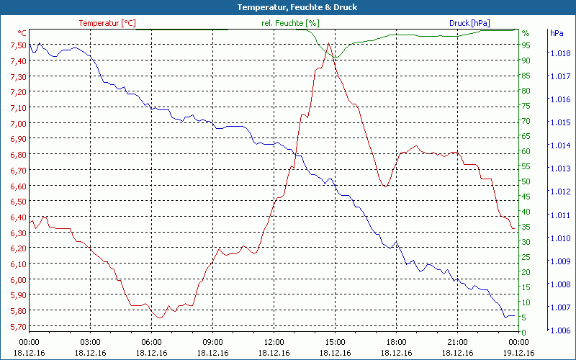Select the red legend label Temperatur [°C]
(x=107, y=23)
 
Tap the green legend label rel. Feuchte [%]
(x=290, y=23)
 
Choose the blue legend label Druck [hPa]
(x=470, y=23)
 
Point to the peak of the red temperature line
(x=328, y=44)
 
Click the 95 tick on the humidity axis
(x=526, y=45)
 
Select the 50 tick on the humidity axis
(x=526, y=181)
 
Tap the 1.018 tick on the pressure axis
(x=559, y=53)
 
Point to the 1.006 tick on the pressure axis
(x=559, y=330)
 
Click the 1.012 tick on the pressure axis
(x=559, y=192)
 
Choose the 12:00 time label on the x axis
(x=274, y=342)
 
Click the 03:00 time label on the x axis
(x=90, y=342)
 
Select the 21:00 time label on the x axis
(x=457, y=342)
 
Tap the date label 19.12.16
(x=518, y=353)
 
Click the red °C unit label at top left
(x=22, y=33)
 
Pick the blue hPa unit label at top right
(x=557, y=33)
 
